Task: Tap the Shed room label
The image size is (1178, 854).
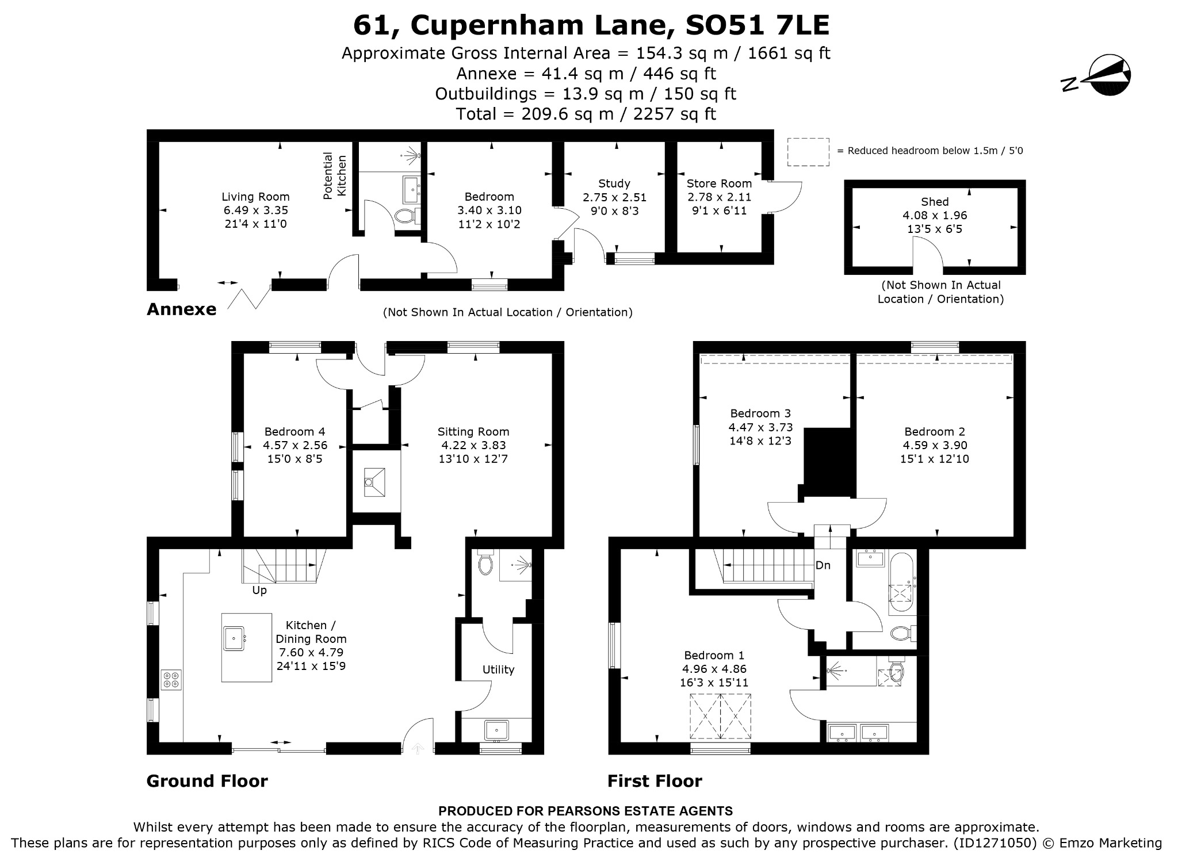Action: [x=935, y=202]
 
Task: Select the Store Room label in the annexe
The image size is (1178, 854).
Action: [x=719, y=183]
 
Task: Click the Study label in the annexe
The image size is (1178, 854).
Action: [x=614, y=183]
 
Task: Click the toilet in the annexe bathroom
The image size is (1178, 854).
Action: [x=408, y=216]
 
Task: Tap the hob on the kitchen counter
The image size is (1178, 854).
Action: [x=171, y=679]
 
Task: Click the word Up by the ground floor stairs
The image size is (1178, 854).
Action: [x=259, y=591]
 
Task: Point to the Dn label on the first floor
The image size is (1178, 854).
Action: [x=823, y=565]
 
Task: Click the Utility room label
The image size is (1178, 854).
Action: [x=498, y=669]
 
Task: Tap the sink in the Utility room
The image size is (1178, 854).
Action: [x=496, y=730]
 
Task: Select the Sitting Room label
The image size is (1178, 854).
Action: [x=473, y=431]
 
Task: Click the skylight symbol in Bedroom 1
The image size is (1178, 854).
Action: [x=720, y=716]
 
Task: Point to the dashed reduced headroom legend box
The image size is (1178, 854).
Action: [x=808, y=152]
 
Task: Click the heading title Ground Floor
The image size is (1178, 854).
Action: [x=207, y=781]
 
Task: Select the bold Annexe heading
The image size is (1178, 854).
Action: [x=182, y=309]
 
